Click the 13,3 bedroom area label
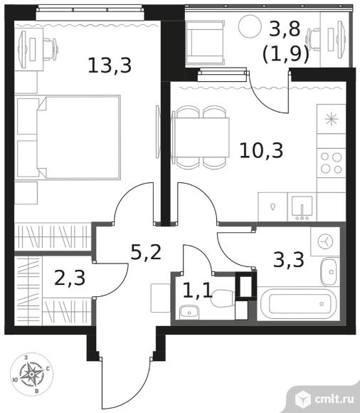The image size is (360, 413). click(x=110, y=66)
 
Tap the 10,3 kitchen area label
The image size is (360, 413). click(x=261, y=150)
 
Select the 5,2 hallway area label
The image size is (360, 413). click(x=146, y=252)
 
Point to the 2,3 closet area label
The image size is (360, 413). click(x=70, y=278)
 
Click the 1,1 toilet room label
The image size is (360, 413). click(x=197, y=291)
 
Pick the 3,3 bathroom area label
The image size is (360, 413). click(x=289, y=259)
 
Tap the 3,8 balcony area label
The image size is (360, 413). click(x=285, y=28)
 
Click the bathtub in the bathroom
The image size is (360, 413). click(x=299, y=303)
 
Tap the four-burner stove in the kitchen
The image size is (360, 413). click(x=331, y=163)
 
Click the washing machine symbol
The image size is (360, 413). click(x=325, y=241)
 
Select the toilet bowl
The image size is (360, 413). click(x=223, y=298)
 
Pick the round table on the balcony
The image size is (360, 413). click(x=250, y=26)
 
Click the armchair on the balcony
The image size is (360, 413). click(x=206, y=43)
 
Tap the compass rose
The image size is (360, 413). click(x=31, y=375)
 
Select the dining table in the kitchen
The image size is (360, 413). click(x=201, y=137)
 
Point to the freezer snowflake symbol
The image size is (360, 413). click(x=331, y=119)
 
